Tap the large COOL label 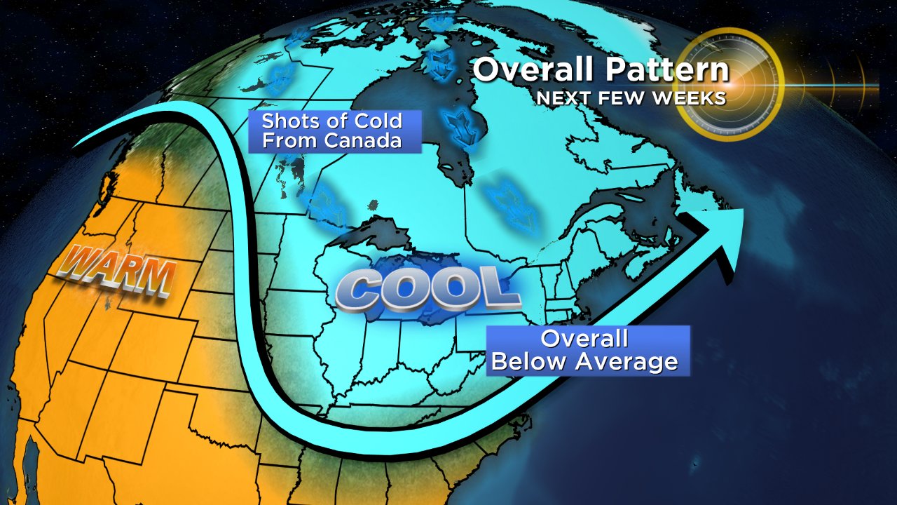427,289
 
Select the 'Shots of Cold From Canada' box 334,130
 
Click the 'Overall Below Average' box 587,350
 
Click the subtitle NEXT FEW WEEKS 631,98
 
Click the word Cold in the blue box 378,121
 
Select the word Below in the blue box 533,362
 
